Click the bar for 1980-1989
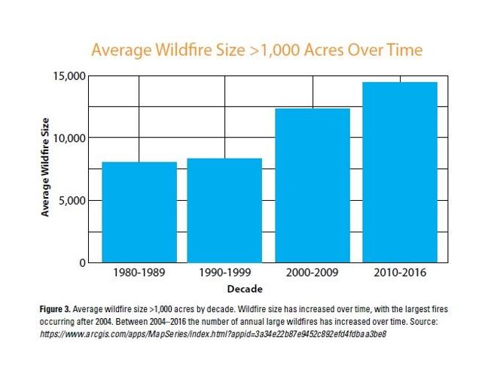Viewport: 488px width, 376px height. [139, 212]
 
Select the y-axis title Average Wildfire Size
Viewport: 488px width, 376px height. [46, 167]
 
